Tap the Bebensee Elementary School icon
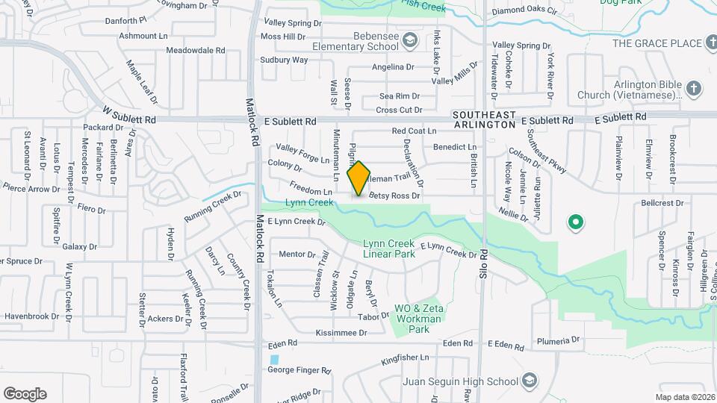point(409,39)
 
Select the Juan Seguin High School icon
point(530,380)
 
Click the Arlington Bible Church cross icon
point(694,90)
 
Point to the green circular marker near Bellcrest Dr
point(575,222)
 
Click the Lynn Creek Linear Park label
point(388,249)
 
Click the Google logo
point(25,393)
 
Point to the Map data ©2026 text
point(685,397)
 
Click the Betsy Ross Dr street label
point(394,196)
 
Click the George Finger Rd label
point(299,369)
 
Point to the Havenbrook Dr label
point(32,316)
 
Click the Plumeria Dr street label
point(554,340)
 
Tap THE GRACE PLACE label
point(657,43)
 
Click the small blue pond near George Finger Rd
point(274,360)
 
